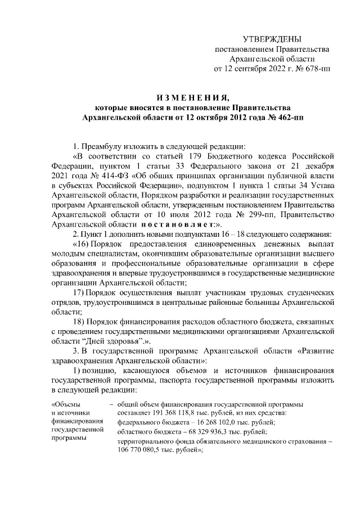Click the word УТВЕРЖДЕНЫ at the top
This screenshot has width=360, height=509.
(x=272, y=39)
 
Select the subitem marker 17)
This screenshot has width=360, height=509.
(x=80, y=293)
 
